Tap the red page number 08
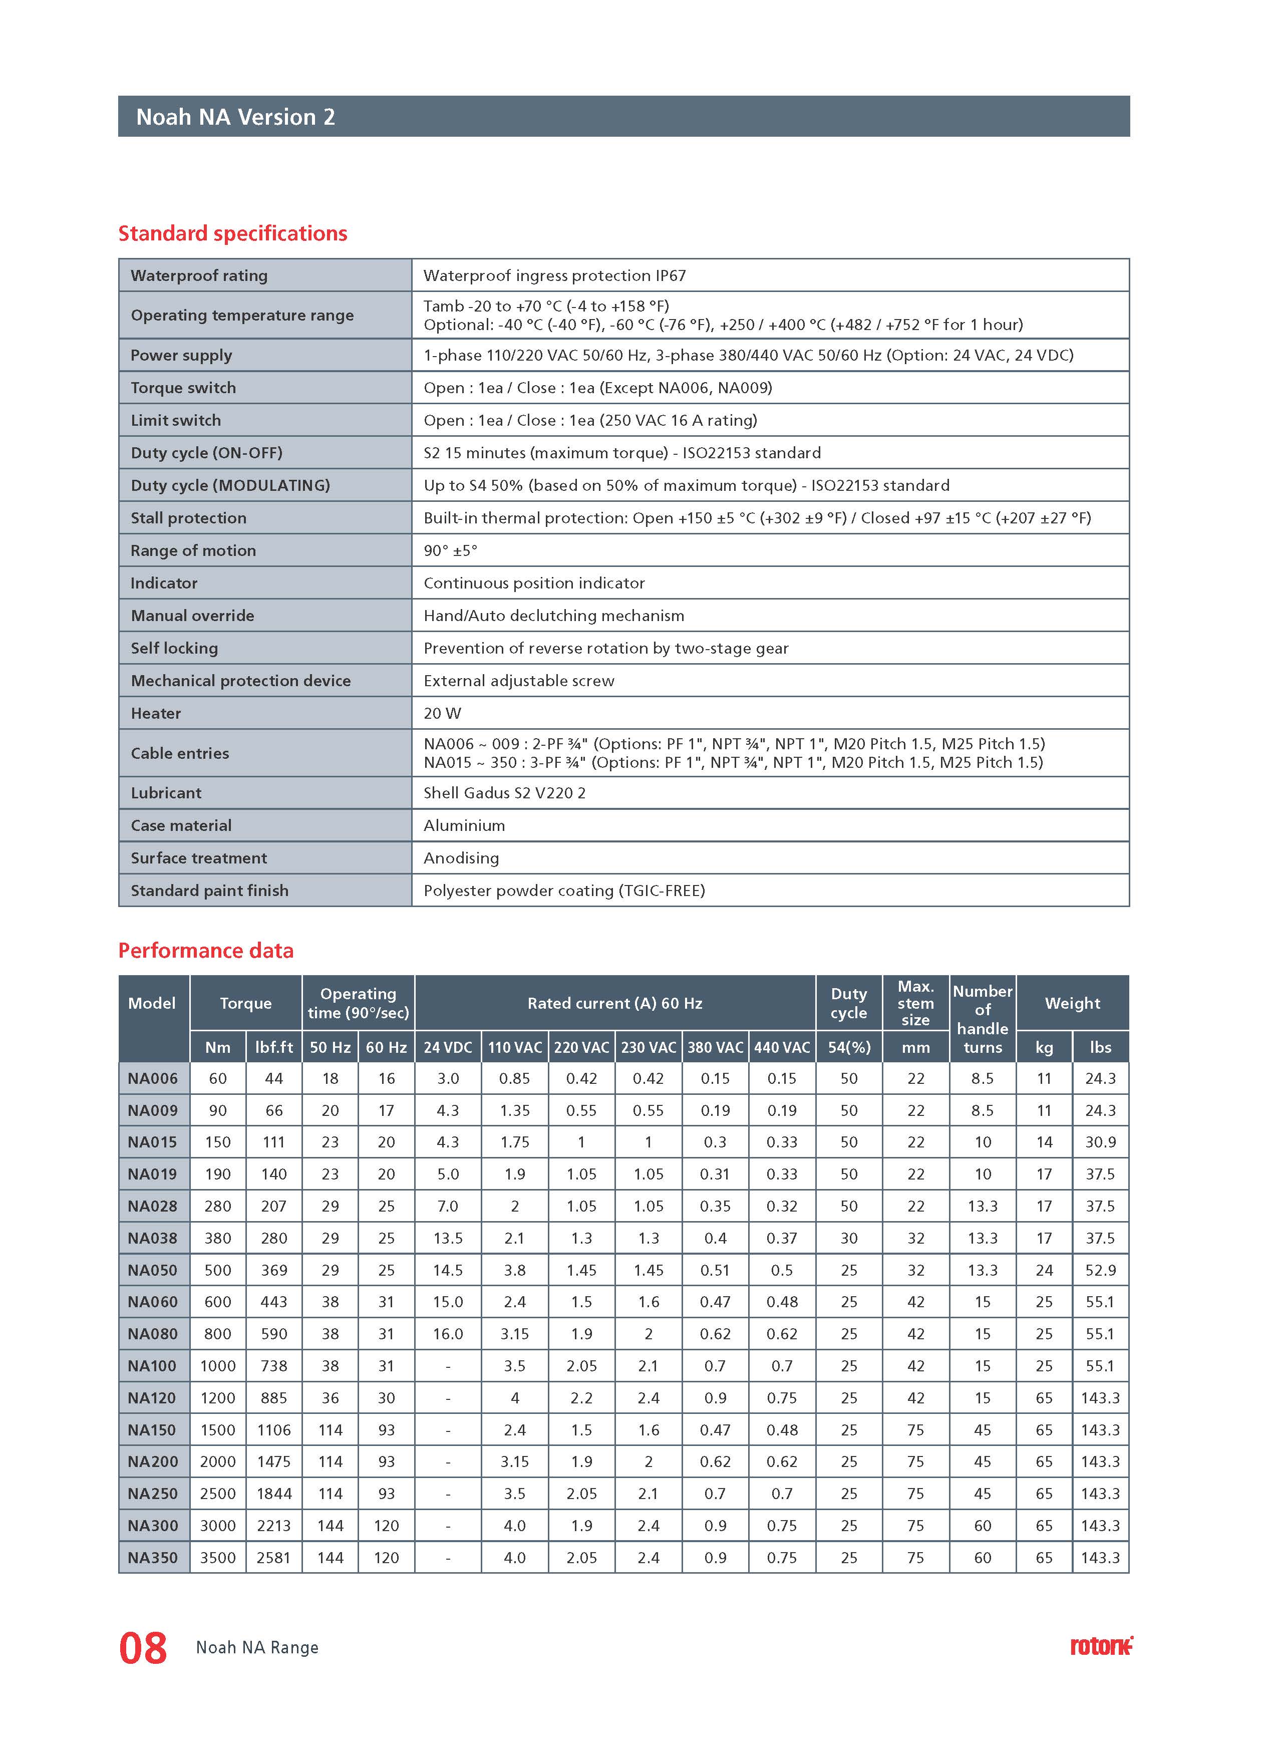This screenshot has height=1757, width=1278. click(143, 1648)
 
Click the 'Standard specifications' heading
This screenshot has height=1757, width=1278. click(232, 233)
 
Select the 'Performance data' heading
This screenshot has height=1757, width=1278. click(205, 951)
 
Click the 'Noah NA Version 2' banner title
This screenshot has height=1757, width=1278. click(235, 117)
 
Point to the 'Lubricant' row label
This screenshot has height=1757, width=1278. click(166, 792)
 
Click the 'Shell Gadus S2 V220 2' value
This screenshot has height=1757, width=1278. click(504, 792)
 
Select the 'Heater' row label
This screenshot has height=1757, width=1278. click(156, 713)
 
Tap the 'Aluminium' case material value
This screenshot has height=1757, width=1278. click(464, 825)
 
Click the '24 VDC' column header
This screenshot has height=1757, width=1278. click(448, 1047)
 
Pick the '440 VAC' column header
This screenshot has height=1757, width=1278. click(782, 1047)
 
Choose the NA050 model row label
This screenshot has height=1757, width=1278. click(153, 1270)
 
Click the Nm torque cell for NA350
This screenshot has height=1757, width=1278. click(218, 1557)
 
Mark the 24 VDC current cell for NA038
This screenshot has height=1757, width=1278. click(448, 1238)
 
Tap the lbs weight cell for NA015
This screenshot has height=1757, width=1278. click(1100, 1142)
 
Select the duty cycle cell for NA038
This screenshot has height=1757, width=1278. click(849, 1238)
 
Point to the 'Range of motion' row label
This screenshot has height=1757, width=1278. click(193, 550)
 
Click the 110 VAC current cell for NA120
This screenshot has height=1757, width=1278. click(514, 1397)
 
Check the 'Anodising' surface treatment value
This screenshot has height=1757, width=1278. click(461, 857)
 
